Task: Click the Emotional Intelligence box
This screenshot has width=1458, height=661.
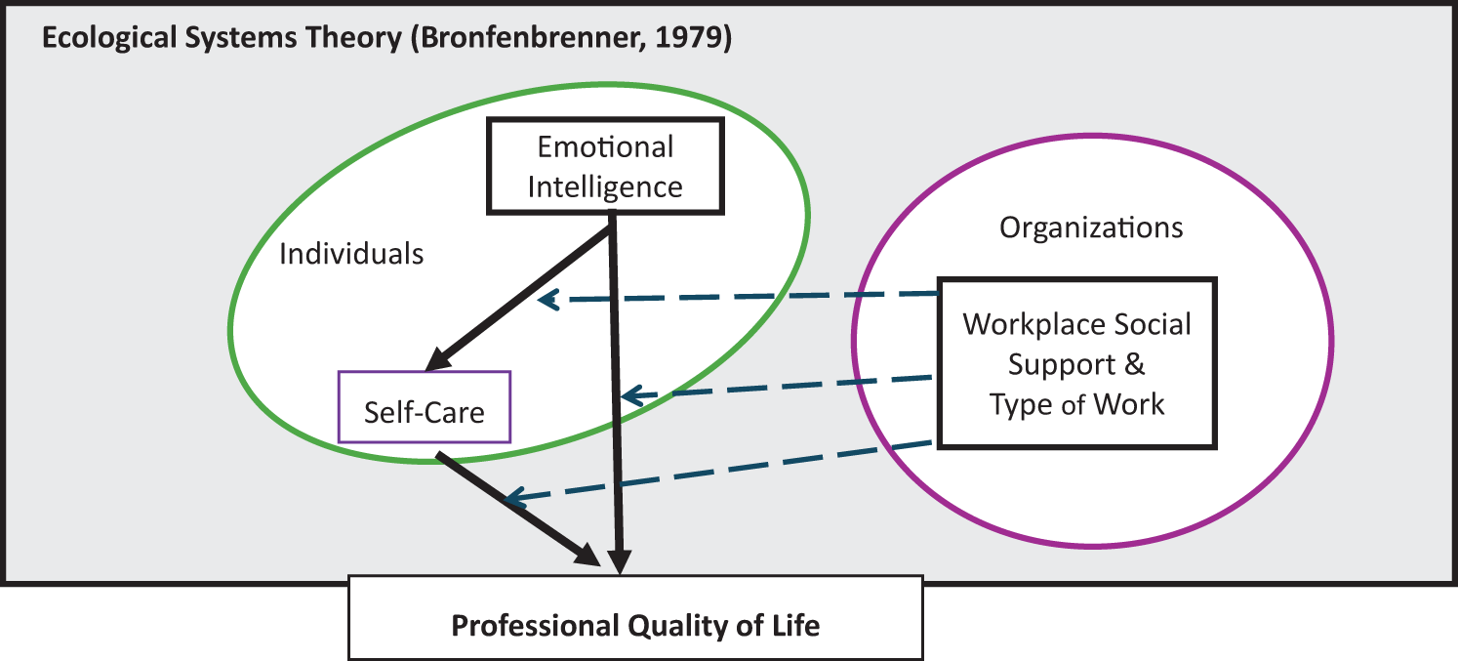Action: coord(605,166)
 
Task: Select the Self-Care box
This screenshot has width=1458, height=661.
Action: coord(424,411)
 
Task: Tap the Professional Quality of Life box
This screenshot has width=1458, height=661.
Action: coord(635,624)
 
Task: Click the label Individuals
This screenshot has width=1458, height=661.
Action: coord(351,254)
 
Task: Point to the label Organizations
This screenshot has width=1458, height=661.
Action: coord(1091,227)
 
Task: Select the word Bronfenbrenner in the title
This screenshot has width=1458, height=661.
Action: coord(517,42)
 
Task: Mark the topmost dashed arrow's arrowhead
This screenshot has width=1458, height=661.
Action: coord(547,300)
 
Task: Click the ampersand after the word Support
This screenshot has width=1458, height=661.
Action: coord(1134,364)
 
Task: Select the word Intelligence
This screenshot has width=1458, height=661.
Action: coord(605,186)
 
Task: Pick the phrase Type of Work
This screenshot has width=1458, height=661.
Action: coord(1076,404)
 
